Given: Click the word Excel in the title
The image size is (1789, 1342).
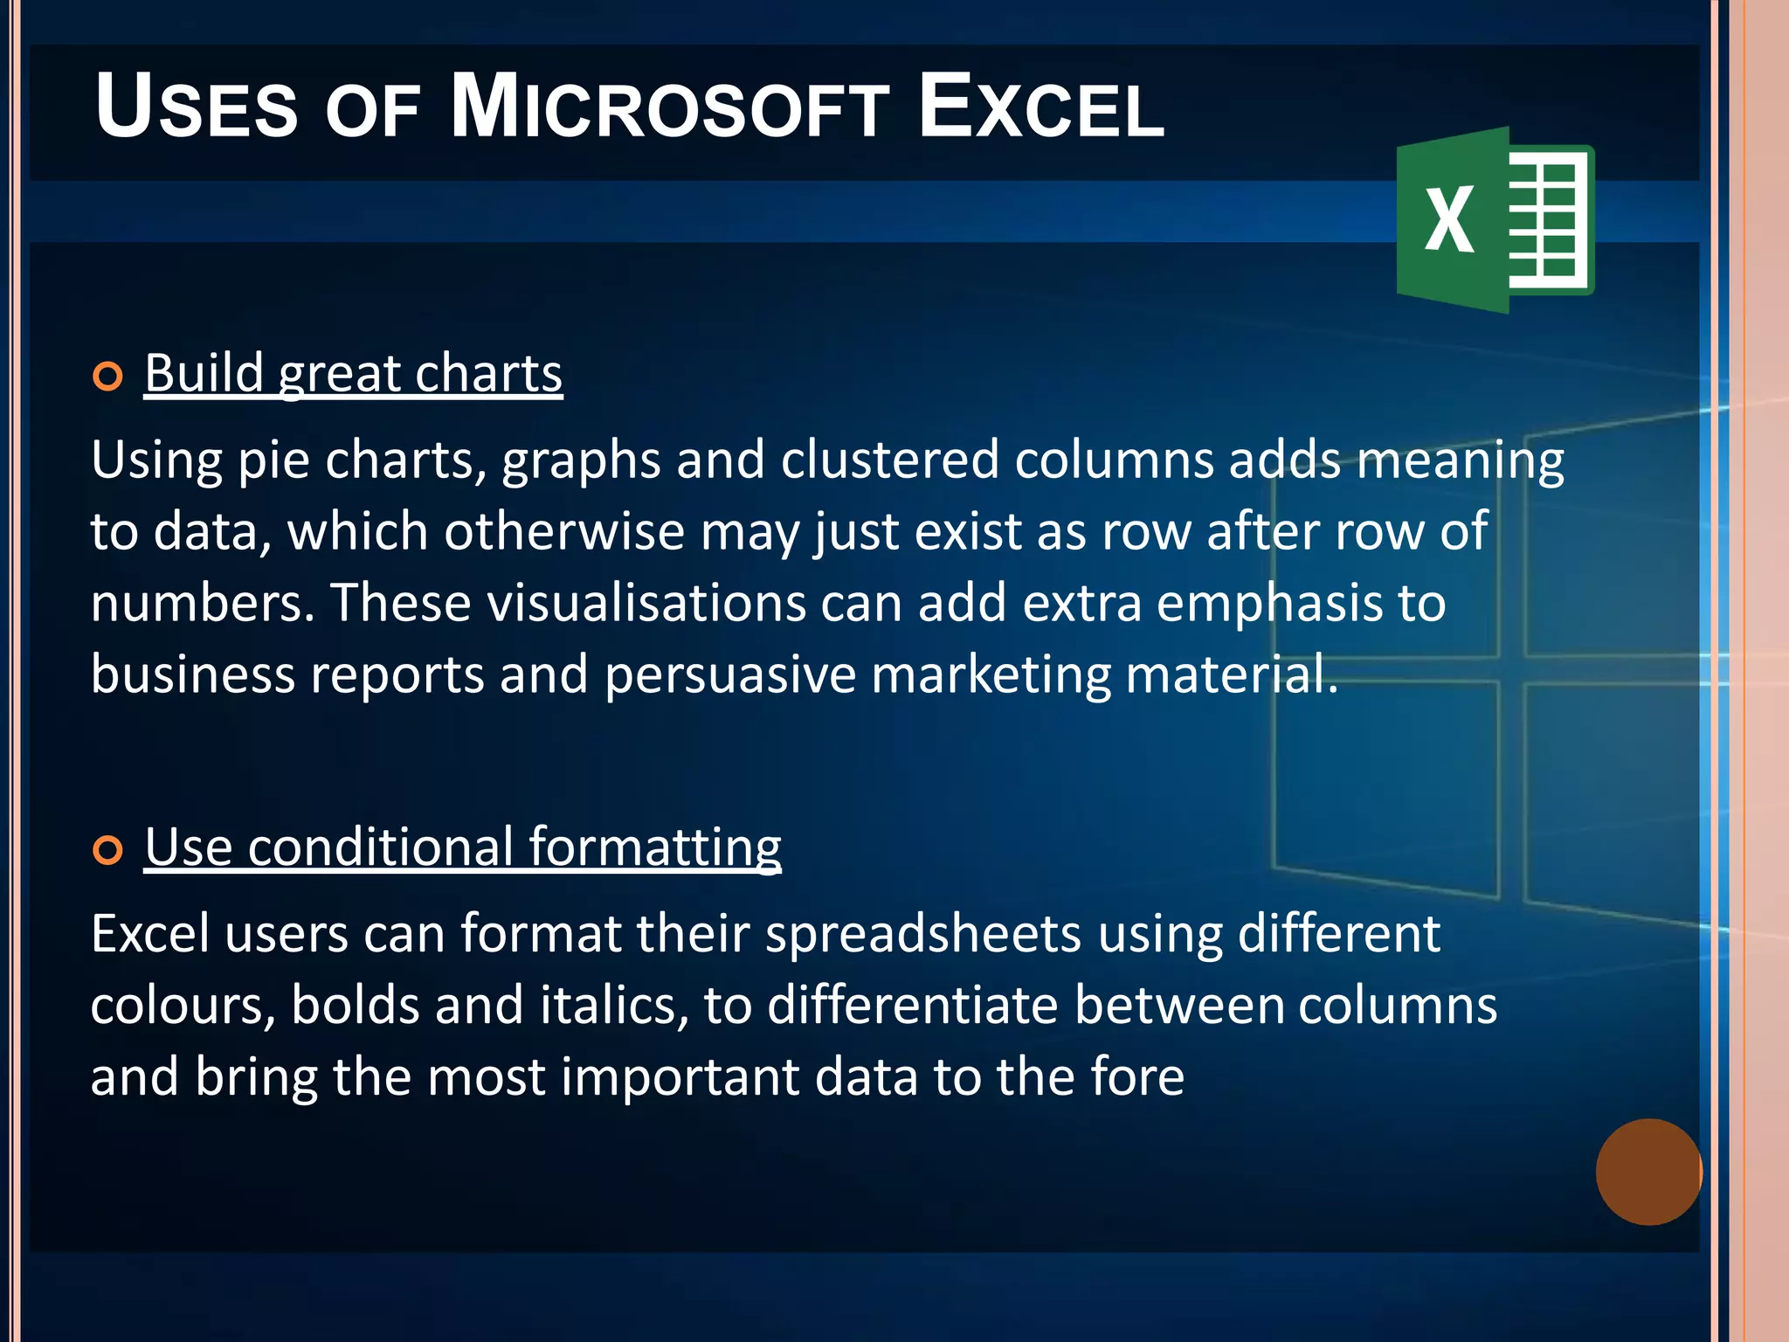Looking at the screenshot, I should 1041,108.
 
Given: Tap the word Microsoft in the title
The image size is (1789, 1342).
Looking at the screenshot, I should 669,108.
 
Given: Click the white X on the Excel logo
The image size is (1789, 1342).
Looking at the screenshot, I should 1449,221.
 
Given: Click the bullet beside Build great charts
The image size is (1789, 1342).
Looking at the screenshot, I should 107,377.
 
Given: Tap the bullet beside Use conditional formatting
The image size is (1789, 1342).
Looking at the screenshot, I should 107,850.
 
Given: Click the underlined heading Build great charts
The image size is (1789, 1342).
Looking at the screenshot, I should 353,374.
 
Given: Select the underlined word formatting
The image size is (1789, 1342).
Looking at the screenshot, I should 654,847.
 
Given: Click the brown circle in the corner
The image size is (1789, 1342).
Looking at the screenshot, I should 1648,1172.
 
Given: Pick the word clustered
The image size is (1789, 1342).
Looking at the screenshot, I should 889,460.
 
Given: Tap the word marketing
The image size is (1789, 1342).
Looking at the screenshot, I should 991,674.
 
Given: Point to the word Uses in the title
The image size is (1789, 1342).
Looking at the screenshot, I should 197,108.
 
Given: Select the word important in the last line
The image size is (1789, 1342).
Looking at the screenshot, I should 680,1076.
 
